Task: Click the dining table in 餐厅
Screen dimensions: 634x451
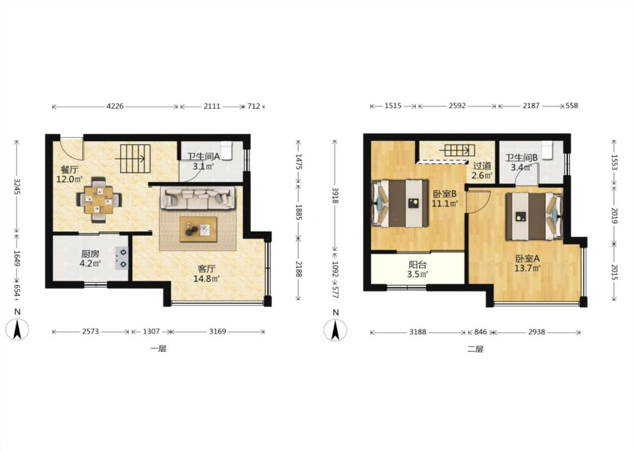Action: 99,200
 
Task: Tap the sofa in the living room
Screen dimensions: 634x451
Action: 198,197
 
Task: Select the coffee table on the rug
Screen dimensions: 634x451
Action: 198,229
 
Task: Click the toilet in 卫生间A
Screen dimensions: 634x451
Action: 226,151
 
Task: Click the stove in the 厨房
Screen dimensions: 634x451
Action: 122,258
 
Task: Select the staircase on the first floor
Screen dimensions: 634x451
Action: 135,159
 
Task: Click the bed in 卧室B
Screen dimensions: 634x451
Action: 400,203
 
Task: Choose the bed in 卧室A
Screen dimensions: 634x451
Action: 534,216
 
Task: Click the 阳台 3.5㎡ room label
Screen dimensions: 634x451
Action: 418,269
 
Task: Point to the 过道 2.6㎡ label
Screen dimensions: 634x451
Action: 482,170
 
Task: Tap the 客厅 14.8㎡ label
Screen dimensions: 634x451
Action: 207,273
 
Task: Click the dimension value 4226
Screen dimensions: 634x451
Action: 115,107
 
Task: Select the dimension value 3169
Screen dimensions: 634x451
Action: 217,331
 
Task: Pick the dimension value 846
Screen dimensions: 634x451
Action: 480,332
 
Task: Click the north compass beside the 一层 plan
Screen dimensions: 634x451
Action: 17,329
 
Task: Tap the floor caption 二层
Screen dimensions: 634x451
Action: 475,349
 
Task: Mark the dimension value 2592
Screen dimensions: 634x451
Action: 457,105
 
